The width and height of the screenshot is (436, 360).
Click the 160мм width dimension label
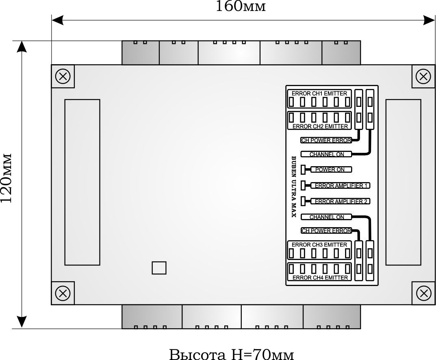[x=240, y=7]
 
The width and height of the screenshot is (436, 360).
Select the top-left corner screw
[x=63, y=76]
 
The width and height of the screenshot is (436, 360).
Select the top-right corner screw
[x=424, y=76]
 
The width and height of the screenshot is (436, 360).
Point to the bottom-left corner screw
[x=63, y=293]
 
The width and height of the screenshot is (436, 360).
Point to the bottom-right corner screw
[x=424, y=293]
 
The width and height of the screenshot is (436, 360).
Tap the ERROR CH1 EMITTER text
[x=319, y=93]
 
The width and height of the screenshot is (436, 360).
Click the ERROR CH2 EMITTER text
[x=320, y=126]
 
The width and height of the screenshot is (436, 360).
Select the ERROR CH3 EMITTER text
[x=319, y=245]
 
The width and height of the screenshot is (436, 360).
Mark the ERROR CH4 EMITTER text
[x=320, y=278]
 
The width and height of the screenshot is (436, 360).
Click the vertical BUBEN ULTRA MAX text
[x=294, y=187]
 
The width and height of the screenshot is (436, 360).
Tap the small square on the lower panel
[x=159, y=268]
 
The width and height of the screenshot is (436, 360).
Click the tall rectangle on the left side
[x=82, y=182]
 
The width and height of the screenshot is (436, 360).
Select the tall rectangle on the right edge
[x=403, y=182]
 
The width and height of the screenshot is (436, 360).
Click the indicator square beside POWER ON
[x=303, y=169]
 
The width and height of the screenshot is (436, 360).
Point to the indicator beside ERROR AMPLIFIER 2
[x=303, y=201]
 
